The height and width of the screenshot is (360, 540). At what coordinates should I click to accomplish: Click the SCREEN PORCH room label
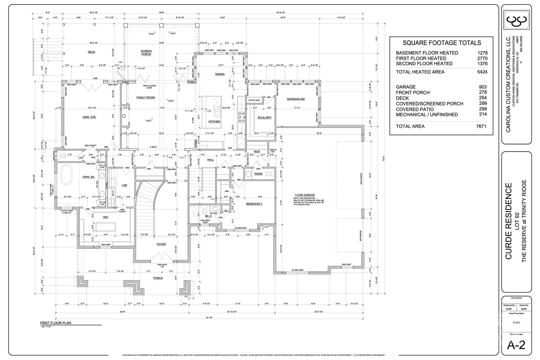click(x=146, y=53)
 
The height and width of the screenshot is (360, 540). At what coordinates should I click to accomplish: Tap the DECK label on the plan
click(x=91, y=52)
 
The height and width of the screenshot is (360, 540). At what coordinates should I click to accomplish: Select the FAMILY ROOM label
click(x=146, y=98)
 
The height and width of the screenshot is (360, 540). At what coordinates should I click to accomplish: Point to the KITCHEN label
click(x=214, y=122)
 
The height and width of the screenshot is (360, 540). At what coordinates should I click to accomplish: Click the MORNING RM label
click(x=296, y=99)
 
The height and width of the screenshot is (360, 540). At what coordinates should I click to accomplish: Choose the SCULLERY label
click(x=264, y=118)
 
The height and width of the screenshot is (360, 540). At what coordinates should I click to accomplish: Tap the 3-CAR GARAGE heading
click(x=305, y=195)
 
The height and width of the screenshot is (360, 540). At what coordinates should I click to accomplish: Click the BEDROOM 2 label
click(x=254, y=204)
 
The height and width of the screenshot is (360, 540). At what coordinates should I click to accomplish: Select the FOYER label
click(x=161, y=244)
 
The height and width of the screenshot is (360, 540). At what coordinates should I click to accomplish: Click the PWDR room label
click(x=258, y=174)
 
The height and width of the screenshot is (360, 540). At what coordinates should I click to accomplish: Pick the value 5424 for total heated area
click(x=482, y=72)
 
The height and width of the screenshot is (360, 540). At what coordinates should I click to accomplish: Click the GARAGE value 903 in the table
click(x=483, y=87)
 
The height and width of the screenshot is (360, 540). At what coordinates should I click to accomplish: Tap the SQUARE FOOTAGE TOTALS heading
click(x=442, y=43)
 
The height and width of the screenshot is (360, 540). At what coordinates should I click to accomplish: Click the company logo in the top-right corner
click(x=516, y=20)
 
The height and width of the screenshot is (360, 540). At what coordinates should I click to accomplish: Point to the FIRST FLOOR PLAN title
click(x=55, y=323)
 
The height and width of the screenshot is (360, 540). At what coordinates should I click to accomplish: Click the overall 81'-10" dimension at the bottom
click(x=209, y=318)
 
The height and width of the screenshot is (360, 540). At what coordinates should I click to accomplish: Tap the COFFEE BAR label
click(x=254, y=100)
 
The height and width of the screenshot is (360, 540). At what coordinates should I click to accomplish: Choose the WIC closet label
click(x=105, y=217)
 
